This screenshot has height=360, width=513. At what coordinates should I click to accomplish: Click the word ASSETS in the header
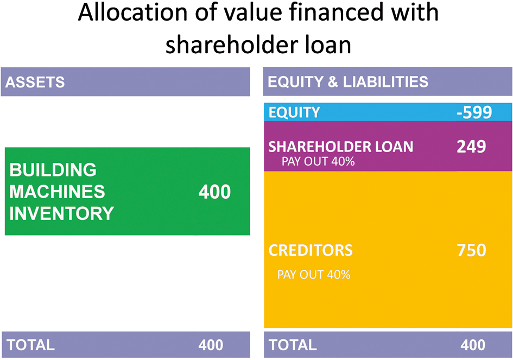(35, 82)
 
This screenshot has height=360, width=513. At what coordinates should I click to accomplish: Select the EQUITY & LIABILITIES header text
(348, 82)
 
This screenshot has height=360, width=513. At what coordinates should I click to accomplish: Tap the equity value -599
(474, 112)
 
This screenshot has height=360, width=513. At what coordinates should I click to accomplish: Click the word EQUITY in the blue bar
(294, 112)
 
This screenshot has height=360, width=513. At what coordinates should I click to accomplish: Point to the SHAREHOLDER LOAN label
(341, 147)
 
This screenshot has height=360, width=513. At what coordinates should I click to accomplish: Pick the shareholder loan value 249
(471, 146)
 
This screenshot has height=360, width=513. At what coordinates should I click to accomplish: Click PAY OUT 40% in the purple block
(318, 161)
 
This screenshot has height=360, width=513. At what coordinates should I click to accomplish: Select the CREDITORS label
(311, 250)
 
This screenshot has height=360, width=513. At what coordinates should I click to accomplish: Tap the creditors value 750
(471, 250)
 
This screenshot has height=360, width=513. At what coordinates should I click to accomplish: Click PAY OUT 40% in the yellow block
(314, 274)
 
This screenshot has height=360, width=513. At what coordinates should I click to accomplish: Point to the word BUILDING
(53, 170)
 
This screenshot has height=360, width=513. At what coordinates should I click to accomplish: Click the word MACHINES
(57, 192)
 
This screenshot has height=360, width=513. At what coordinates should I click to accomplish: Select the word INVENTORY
(61, 213)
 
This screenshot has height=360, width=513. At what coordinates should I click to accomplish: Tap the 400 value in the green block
(214, 192)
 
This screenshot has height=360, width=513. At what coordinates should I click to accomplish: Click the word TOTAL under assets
(31, 345)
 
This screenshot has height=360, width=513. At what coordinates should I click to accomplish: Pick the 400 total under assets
(211, 345)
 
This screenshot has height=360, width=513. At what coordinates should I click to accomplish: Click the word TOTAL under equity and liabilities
(293, 345)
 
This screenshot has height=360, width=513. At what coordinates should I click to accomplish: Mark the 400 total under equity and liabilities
(473, 345)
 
